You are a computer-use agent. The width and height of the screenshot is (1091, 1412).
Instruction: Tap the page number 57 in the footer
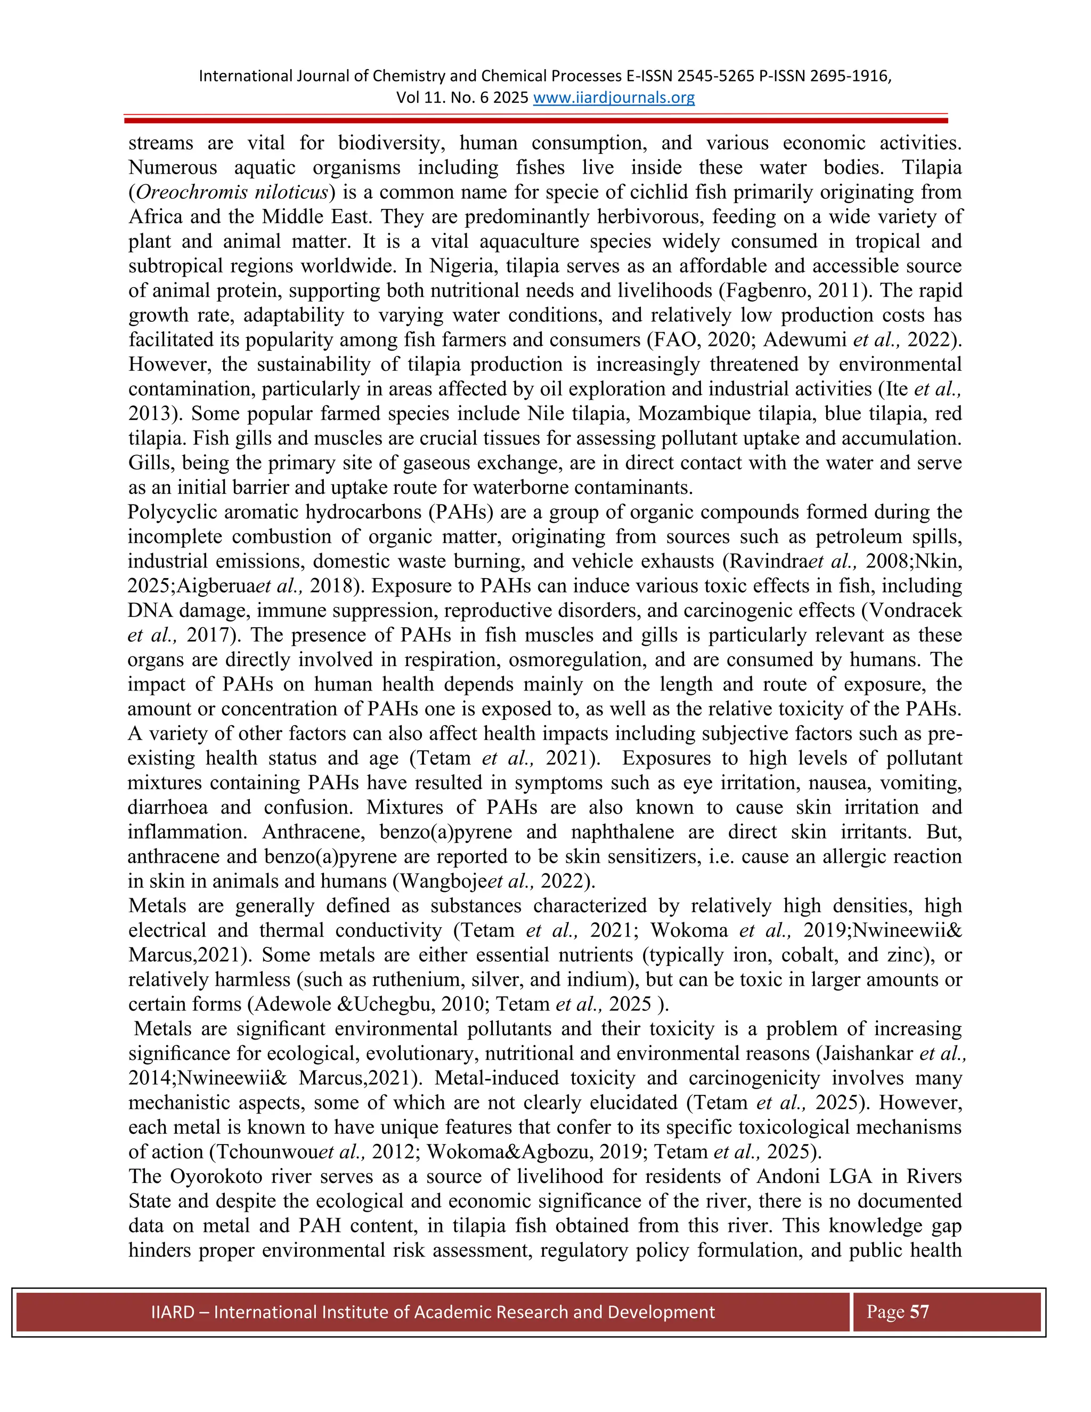click(919, 1312)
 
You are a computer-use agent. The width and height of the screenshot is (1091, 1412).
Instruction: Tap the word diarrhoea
click(167, 807)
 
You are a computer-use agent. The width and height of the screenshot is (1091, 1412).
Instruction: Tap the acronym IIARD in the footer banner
click(173, 1312)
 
